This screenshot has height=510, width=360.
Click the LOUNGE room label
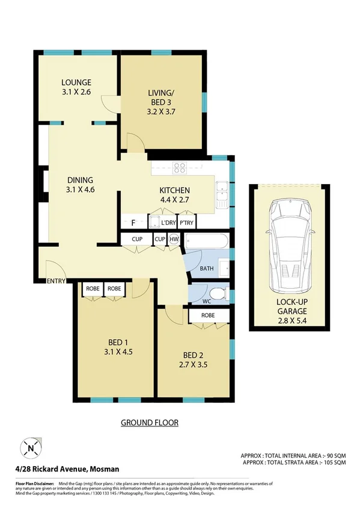[x=76, y=82]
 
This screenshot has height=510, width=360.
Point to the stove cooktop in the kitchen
[x=180, y=168]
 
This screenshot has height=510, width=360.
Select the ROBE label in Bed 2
[x=208, y=315]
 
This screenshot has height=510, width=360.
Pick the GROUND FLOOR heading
[x=150, y=422]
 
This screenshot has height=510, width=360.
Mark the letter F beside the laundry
[x=133, y=223]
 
